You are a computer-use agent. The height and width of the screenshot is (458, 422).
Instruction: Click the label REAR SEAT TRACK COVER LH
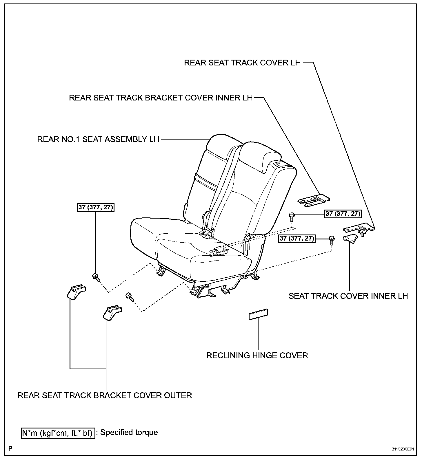[x=242, y=63]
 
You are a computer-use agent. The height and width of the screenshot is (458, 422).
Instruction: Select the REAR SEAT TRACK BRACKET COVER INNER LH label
[x=161, y=98]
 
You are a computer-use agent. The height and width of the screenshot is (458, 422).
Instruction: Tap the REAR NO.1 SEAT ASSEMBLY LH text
[x=98, y=140]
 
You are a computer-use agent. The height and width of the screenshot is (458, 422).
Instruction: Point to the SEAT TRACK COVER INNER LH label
[x=348, y=296]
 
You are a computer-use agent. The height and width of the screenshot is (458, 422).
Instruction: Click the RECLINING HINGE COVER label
[x=257, y=355]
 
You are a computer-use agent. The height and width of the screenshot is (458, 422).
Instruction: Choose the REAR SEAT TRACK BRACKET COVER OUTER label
[x=105, y=395]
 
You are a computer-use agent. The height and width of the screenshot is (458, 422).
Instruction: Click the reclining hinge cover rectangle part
[x=258, y=314]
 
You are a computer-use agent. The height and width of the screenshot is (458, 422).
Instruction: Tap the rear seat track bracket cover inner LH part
[x=314, y=200]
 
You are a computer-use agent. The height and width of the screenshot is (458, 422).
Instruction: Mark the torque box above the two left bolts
[x=96, y=208]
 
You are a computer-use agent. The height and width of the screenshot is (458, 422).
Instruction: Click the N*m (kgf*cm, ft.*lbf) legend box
[x=58, y=433]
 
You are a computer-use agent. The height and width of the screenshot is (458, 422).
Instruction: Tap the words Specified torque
[x=129, y=433]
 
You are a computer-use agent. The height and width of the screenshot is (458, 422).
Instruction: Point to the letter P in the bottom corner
[x=10, y=449]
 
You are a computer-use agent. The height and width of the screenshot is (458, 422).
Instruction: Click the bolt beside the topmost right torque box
[x=292, y=216]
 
